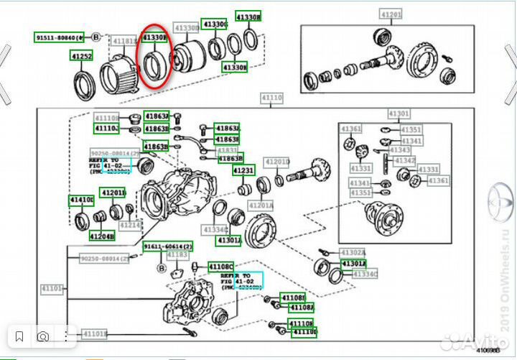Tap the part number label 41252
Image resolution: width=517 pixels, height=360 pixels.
tap(80, 55)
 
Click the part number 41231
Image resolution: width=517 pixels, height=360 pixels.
tap(243, 170)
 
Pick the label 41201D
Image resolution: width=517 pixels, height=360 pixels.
tap(277, 162)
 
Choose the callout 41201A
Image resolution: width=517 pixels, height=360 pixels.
tap(261, 206)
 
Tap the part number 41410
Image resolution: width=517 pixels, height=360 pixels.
tap(81, 199)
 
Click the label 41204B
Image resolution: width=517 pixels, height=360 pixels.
tap(101, 236)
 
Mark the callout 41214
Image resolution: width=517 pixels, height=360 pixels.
tap(130, 225)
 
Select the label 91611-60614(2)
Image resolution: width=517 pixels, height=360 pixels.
tap(167, 246)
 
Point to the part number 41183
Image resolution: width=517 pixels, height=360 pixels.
tap(177, 255)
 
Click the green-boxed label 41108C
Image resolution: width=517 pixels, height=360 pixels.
tap(221, 267)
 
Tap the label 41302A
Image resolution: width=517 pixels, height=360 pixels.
tap(353, 253)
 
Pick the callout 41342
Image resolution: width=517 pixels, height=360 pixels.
tap(405, 160)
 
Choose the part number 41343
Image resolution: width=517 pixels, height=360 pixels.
tap(401, 150)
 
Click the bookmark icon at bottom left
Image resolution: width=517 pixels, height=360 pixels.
tap(19, 336)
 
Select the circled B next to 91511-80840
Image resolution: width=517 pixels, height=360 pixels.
tap(96, 35)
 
